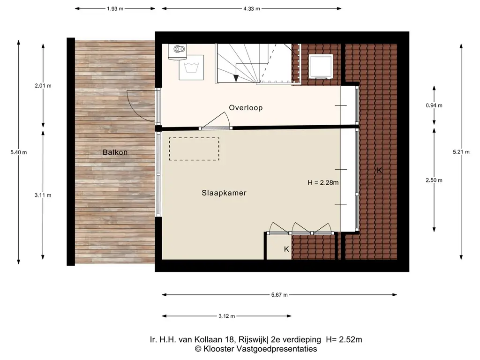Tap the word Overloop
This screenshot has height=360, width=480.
[x=246, y=108]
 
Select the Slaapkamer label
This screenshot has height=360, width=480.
[x=224, y=193]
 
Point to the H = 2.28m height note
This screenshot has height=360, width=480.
[x=323, y=182]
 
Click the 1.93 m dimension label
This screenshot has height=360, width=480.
[x=115, y=8]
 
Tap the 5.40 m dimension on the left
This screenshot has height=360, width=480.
[x=19, y=152]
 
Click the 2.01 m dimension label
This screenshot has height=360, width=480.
[x=43, y=86]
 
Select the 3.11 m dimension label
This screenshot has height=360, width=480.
[x=43, y=195]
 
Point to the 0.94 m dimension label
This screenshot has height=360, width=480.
[x=434, y=105]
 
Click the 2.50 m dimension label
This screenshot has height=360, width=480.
[x=434, y=180]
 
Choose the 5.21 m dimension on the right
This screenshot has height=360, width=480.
[x=460, y=152]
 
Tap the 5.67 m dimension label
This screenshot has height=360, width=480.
[x=279, y=295]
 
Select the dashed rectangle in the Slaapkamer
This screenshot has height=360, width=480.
[x=194, y=149]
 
